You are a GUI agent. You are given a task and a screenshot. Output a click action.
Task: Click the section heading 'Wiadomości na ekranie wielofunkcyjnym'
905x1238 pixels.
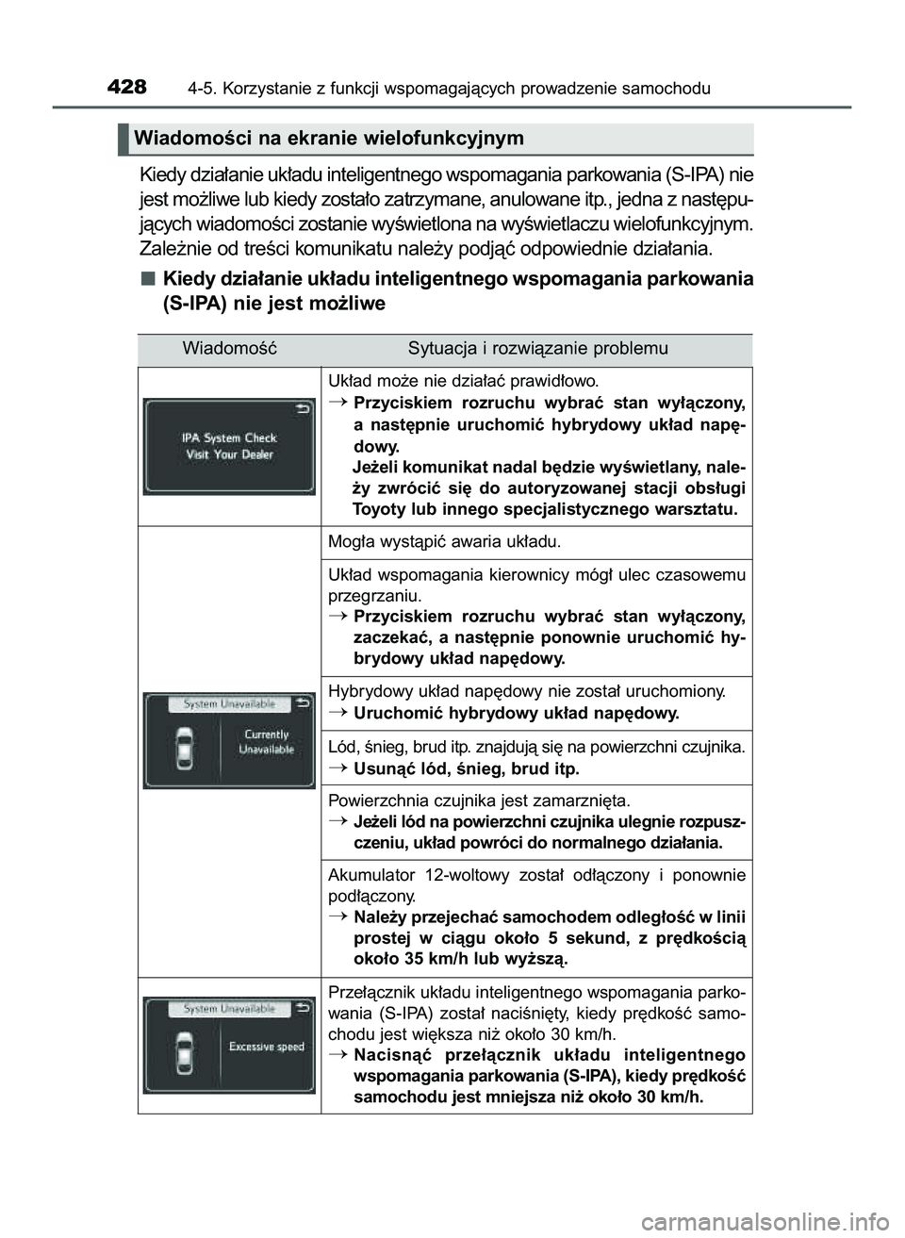tap(329, 139)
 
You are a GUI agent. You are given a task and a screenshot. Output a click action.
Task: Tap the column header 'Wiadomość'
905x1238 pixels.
tap(229, 349)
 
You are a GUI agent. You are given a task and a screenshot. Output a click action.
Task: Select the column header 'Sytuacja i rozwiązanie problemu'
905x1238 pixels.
tap(537, 349)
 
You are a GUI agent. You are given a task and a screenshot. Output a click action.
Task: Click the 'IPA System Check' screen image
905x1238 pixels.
tap(228, 446)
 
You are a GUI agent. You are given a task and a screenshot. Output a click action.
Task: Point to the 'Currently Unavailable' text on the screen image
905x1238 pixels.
tap(267, 742)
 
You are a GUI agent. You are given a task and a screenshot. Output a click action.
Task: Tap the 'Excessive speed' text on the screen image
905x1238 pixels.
tap(267, 1047)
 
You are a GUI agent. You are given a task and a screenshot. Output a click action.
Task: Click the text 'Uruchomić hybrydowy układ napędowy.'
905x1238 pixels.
tap(516, 713)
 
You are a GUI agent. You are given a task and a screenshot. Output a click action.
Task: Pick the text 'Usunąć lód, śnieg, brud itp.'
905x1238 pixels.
tap(466, 768)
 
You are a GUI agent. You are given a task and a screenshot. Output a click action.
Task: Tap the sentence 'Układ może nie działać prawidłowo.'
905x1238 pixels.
tap(462, 382)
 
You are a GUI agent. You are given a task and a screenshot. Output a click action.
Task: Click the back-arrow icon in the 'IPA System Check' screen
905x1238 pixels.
tap(301, 410)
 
